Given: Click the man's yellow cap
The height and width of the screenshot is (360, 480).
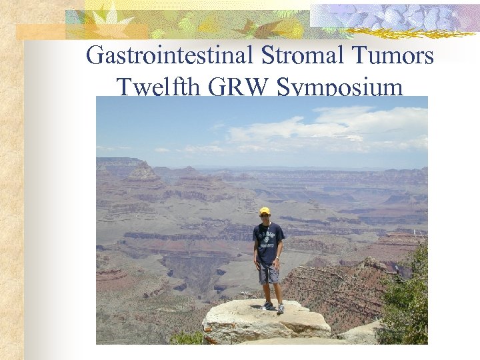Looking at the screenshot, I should pos(265,211).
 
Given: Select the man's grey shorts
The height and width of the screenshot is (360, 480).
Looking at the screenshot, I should pos(269,272).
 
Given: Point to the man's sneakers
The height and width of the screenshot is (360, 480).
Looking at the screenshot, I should pos(274,307).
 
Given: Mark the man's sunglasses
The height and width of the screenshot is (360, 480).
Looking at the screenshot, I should pos(266,215).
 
